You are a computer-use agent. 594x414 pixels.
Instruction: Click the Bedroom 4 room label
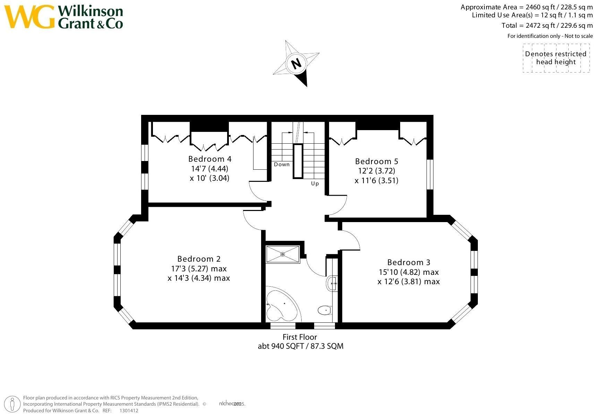coord(210,159)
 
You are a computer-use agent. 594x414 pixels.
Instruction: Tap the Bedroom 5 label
coord(377,161)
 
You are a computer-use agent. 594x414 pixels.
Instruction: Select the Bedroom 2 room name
coord(199,259)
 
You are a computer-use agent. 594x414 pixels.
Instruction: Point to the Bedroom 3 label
coord(408,262)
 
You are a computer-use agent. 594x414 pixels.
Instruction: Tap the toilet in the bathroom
coord(325,310)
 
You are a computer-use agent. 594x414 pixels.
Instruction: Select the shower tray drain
coord(283,254)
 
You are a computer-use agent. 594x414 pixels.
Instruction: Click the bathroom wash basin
coord(332,284)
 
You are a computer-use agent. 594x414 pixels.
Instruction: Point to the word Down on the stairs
coord(282,164)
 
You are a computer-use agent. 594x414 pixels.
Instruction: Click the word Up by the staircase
coord(315,184)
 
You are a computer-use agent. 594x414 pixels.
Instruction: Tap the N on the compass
coord(296,64)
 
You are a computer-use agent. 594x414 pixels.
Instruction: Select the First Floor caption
coord(300,337)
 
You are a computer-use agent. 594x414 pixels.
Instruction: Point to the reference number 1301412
coord(129,411)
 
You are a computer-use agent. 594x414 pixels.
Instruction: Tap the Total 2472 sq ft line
coord(547,25)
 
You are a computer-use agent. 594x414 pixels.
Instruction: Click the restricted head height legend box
coord(556,58)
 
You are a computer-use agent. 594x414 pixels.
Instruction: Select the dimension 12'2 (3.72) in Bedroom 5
coord(377,171)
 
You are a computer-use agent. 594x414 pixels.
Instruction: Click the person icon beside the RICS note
coord(12,404)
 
